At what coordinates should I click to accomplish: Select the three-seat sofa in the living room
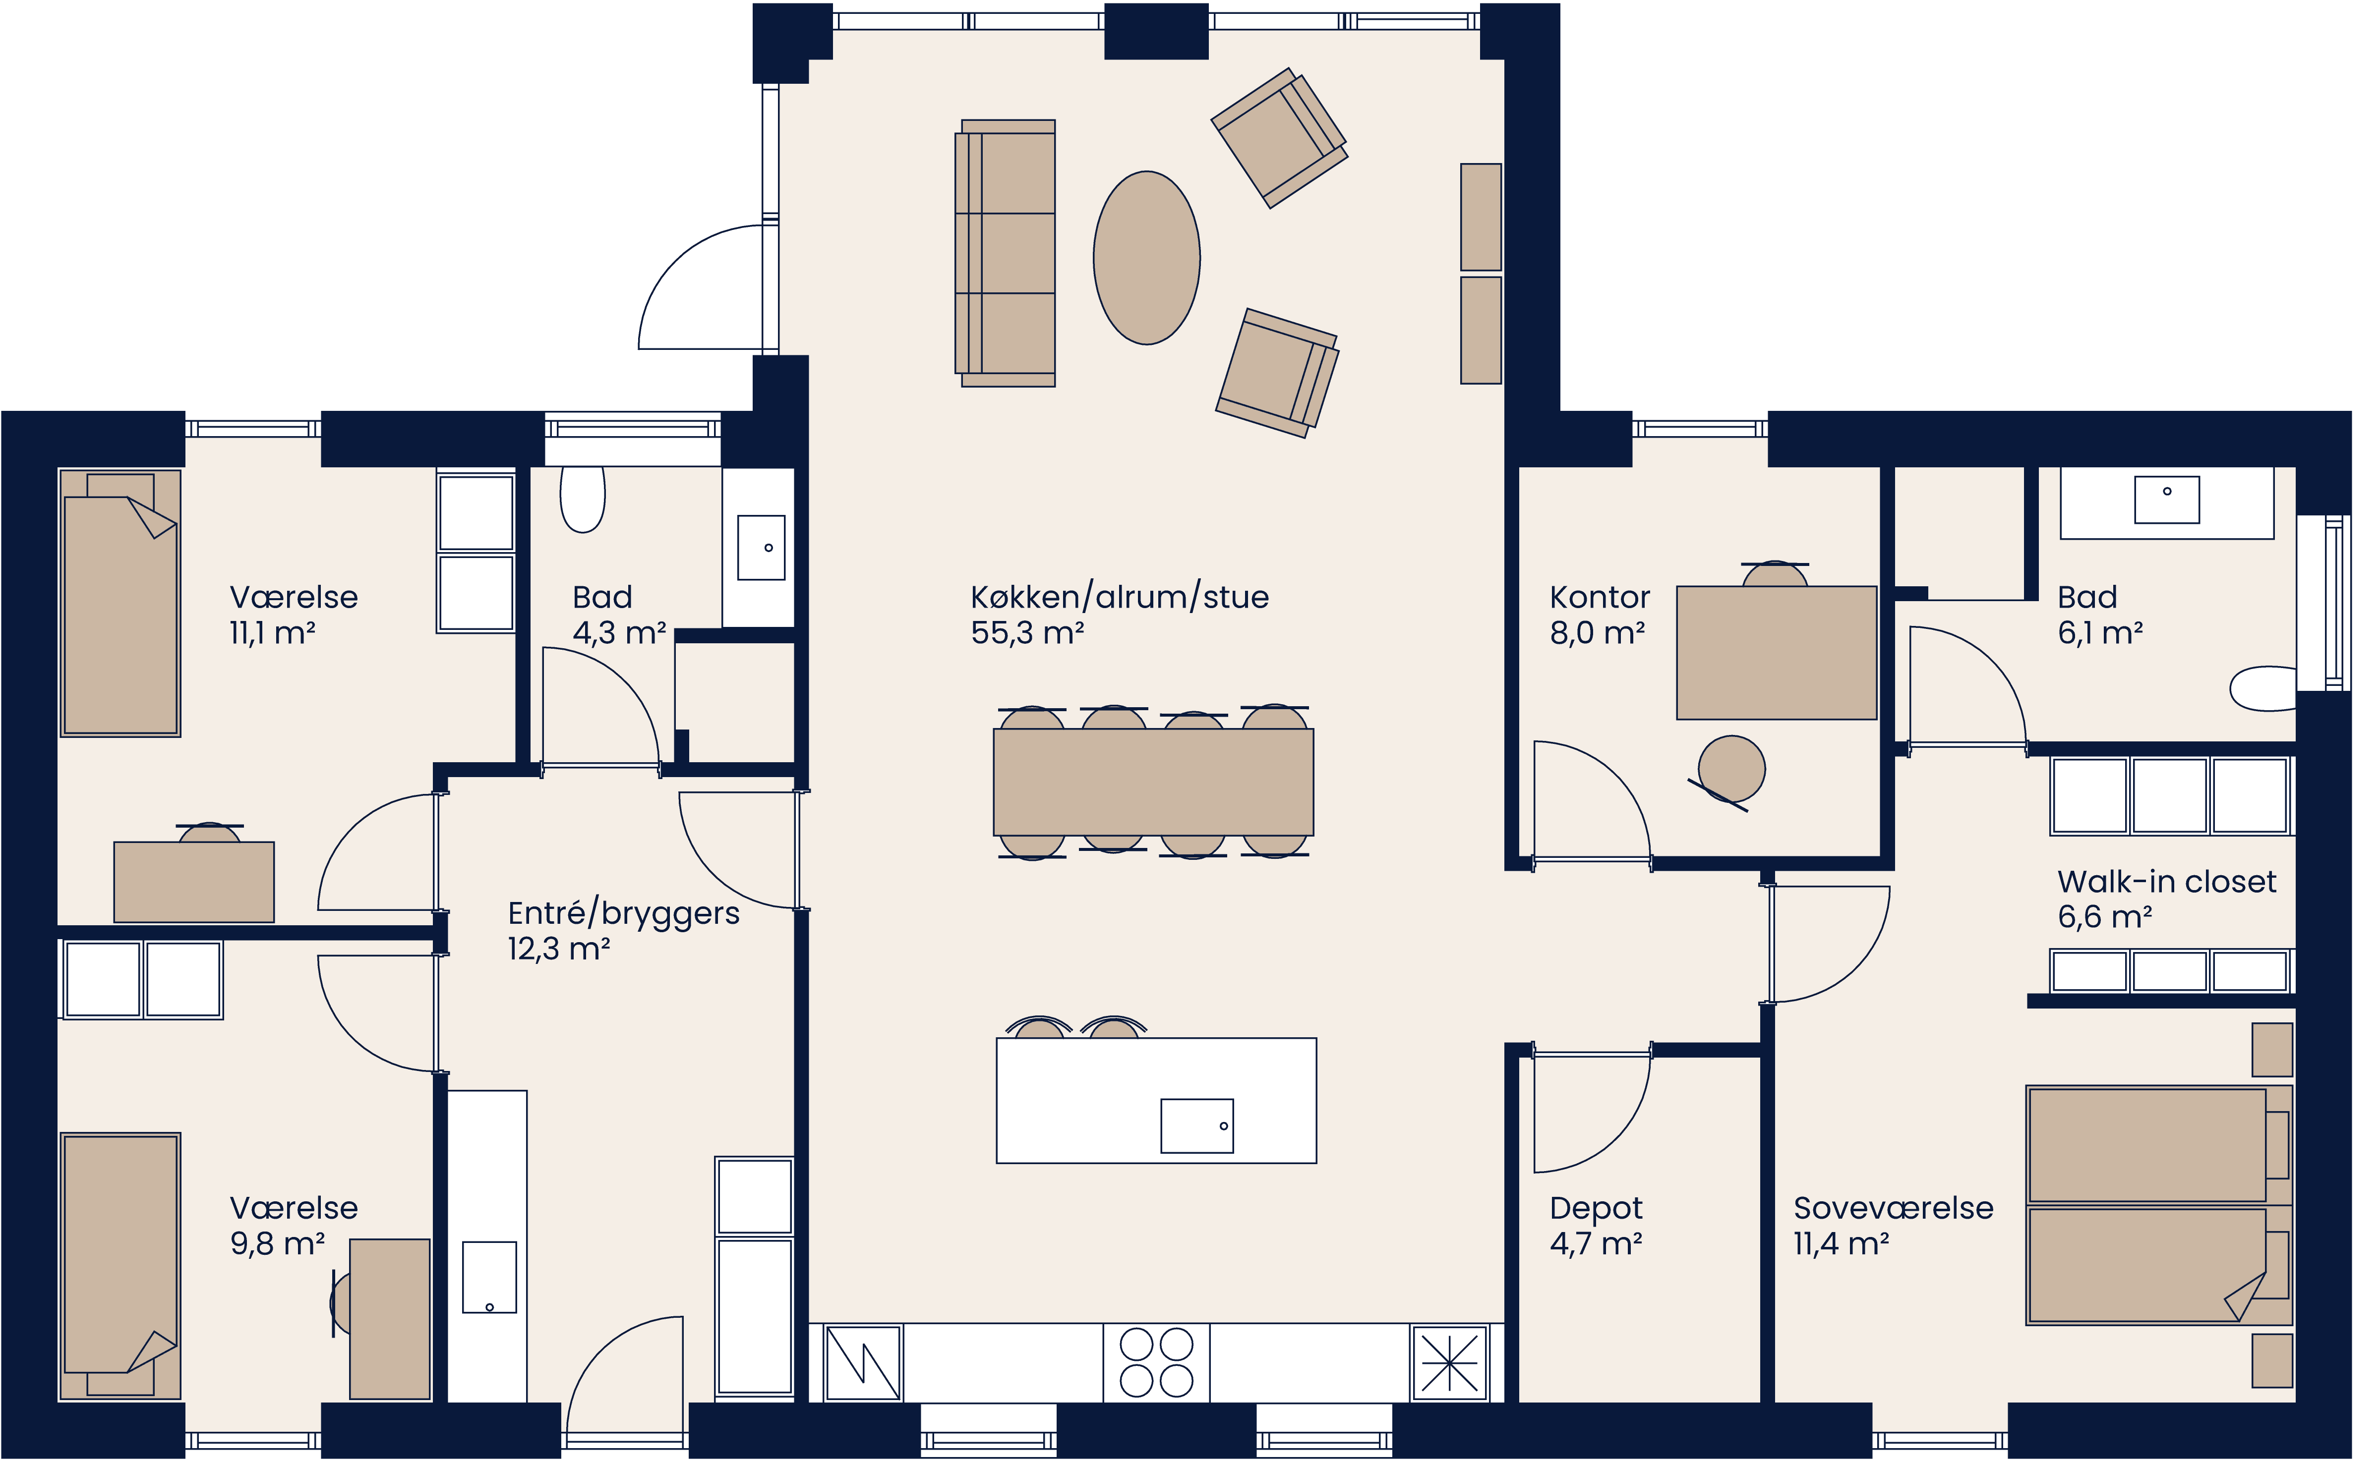pyautogui.click(x=1007, y=253)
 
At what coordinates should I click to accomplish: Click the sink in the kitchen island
pyautogui.click(x=1197, y=1125)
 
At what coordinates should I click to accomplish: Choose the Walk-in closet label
pyautogui.click(x=2166, y=882)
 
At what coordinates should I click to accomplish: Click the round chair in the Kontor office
pyautogui.click(x=1731, y=769)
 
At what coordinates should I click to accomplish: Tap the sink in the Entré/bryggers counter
pyautogui.click(x=489, y=1278)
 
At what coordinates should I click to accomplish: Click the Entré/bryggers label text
pyautogui.click(x=624, y=914)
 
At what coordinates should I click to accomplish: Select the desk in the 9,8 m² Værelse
pyautogui.click(x=390, y=1319)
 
